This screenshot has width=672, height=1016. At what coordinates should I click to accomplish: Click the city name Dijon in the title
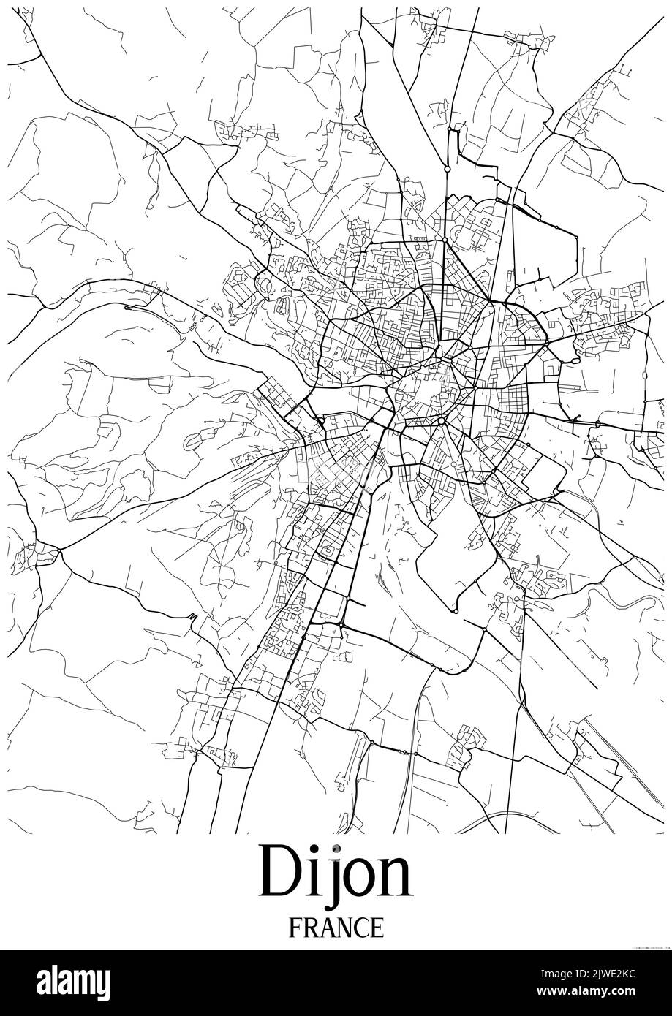[x=336, y=873]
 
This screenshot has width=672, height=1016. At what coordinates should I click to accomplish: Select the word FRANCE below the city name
[x=336, y=928]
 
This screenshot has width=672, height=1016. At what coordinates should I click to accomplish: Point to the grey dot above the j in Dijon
[x=335, y=849]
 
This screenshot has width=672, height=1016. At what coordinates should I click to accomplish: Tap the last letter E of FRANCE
[x=376, y=928]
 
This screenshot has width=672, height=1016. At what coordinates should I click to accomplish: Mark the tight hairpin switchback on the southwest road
[x=193, y=618]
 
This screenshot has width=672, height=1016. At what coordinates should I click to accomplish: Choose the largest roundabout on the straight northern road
[x=447, y=169]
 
